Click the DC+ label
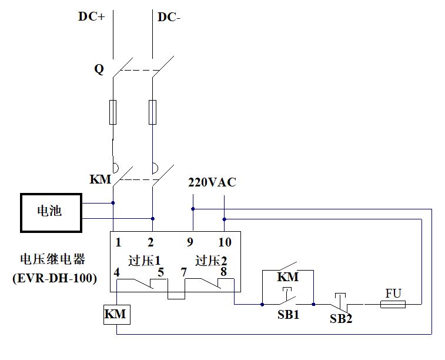pyautogui.click(x=91, y=17)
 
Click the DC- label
pyautogui.click(x=169, y=17)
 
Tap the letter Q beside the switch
pyautogui.click(x=99, y=69)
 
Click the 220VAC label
pyautogui.click(x=212, y=182)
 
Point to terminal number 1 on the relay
pyautogui.click(x=118, y=242)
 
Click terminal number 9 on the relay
pyautogui.click(x=190, y=242)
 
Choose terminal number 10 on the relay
pyautogui.click(x=225, y=242)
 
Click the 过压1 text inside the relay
pyautogui.click(x=144, y=260)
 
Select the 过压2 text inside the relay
pyautogui.click(x=211, y=260)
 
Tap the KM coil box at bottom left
pyautogui.click(x=115, y=315)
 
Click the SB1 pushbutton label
pyautogui.click(x=288, y=315)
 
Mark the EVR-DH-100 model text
pyautogui.click(x=55, y=279)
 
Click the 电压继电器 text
pyautogui.click(x=53, y=259)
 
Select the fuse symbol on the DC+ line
pyautogui.click(x=113, y=111)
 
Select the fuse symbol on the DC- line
pyautogui.click(x=152, y=111)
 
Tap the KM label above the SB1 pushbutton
pyautogui.click(x=288, y=276)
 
